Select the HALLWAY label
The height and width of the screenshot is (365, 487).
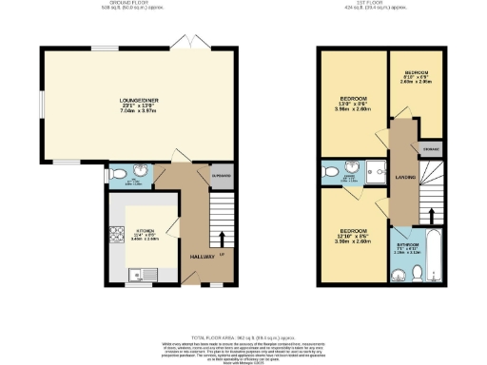click(202, 257)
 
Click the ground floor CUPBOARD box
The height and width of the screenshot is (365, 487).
click(222, 176)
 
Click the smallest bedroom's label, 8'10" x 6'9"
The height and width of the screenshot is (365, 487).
click(417, 76)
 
